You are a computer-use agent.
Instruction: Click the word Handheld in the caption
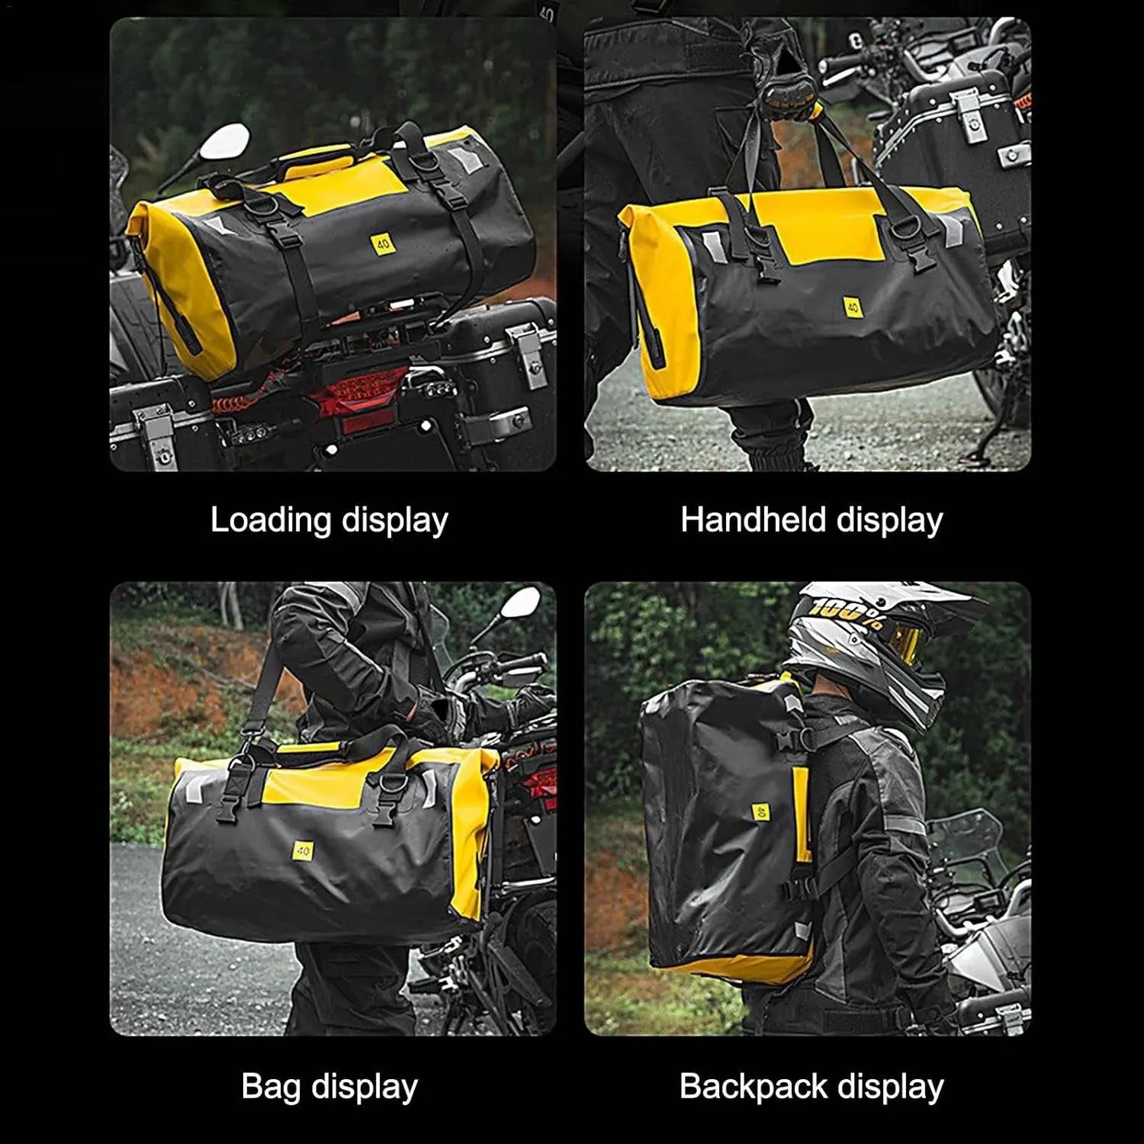754,520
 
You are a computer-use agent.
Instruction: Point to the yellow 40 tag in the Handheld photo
853,307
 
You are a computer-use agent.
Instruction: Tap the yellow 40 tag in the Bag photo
303,849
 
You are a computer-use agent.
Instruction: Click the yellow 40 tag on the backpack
760,812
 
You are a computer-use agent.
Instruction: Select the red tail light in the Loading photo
356,394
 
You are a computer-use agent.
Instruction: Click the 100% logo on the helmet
847,611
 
